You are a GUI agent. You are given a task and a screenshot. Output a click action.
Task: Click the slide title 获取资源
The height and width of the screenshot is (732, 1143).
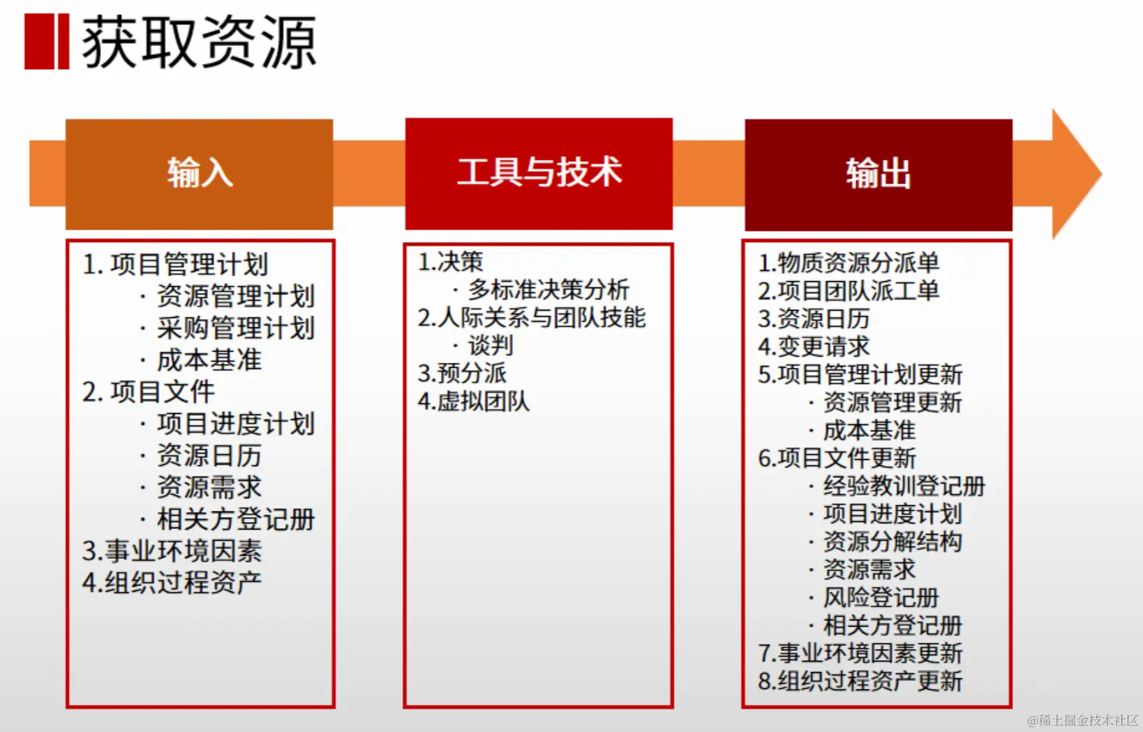point(200,42)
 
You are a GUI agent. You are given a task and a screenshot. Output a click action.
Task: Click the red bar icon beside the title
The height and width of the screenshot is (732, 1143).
point(47,41)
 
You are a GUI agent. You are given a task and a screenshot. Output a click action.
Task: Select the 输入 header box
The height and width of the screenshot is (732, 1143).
point(199,174)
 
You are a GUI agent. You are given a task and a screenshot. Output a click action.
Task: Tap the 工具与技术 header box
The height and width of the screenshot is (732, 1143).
point(539,174)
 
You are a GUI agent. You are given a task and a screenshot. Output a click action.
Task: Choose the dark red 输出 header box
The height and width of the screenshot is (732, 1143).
point(878,174)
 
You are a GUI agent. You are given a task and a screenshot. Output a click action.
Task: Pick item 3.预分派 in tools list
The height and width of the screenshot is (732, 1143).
point(463,373)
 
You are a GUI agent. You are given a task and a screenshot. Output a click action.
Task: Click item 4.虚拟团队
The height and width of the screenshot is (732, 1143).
point(474,401)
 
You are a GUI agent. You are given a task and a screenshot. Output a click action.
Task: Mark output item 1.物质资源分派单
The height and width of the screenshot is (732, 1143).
point(849,262)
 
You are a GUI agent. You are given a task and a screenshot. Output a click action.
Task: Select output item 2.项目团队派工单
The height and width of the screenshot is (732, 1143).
point(849,291)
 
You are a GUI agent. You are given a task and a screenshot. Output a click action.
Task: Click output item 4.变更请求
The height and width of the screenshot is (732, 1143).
point(814,347)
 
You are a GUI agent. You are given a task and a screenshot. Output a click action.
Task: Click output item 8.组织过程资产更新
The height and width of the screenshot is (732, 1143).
point(860,681)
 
